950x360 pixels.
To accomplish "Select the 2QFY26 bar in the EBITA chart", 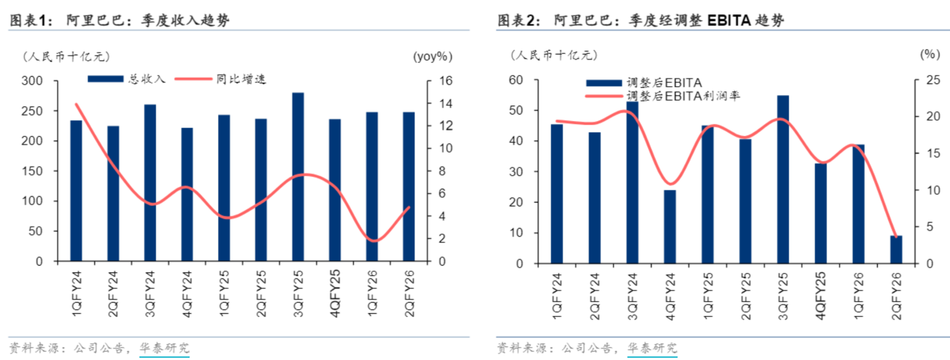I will point(896,249).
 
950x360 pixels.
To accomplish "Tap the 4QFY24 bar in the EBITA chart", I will point(670,227).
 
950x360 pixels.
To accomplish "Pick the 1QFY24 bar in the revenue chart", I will point(76,191).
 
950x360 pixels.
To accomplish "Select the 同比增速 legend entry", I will point(219,79).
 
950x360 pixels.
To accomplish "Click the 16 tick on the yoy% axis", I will point(444,81).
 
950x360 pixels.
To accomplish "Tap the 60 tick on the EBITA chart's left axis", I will point(516,80).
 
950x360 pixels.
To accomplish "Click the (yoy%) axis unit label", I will point(432,56).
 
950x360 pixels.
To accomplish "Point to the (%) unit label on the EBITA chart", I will point(930,54).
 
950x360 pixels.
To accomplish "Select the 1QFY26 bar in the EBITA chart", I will point(858,204).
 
